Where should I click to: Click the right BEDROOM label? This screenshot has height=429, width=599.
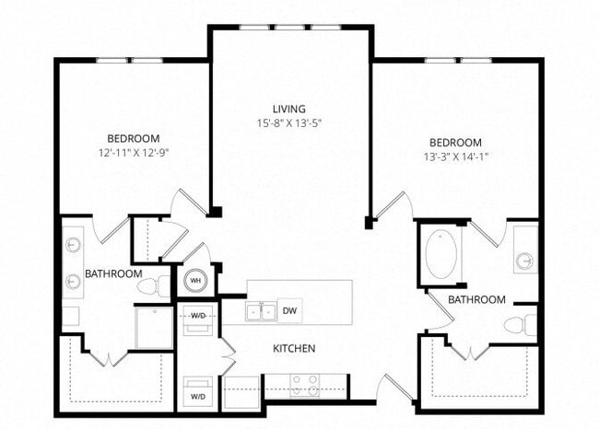(455, 142)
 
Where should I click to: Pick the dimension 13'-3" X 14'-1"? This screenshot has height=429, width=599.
(455, 156)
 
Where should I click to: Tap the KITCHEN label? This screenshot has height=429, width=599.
(295, 349)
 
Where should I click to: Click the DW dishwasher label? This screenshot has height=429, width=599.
(288, 310)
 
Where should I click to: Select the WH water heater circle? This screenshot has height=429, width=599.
(195, 281)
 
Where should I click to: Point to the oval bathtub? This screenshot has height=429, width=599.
(440, 253)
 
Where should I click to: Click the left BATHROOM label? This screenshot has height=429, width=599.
(113, 273)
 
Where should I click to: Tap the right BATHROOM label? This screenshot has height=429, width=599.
(476, 299)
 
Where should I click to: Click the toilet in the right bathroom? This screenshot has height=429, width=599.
(522, 324)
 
